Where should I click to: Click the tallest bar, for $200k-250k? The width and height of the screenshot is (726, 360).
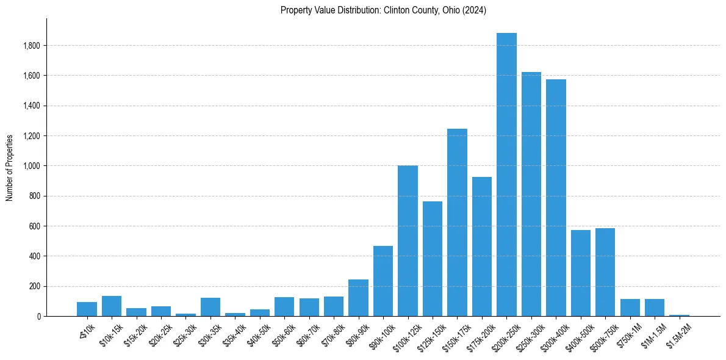click(506, 175)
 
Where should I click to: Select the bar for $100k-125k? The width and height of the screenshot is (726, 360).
click(408, 241)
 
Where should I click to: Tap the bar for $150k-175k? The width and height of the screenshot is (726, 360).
click(457, 223)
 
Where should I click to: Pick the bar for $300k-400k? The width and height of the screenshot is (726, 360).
click(556, 198)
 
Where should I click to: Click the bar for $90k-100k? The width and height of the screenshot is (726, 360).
click(383, 281)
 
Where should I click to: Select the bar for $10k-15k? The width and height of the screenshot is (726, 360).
click(112, 306)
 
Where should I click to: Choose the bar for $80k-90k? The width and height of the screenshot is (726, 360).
click(358, 298)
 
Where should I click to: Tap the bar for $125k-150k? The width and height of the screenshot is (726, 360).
click(433, 259)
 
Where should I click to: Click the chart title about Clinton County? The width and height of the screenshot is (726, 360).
click(383, 10)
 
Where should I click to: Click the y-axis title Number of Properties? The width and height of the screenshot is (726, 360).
click(10, 167)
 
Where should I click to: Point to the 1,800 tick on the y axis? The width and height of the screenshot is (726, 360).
click(32, 46)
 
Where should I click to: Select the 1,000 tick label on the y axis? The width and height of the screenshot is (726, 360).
click(32, 166)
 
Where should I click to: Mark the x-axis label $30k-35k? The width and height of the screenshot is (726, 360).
click(209, 334)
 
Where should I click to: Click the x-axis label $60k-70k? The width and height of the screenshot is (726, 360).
click(307, 334)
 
